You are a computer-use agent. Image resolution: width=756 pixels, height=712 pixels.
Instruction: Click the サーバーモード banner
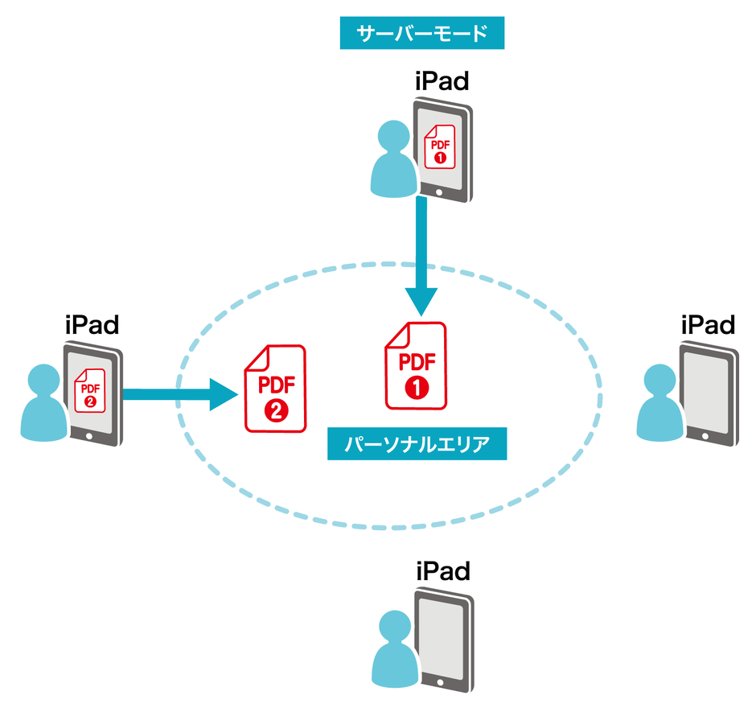tap(421, 33)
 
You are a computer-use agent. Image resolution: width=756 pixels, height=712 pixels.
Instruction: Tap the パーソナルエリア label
tap(417, 443)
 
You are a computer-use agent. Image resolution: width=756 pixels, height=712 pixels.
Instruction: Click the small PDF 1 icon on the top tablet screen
tap(440, 146)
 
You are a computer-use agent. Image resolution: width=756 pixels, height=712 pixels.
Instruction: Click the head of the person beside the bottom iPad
tap(395, 626)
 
